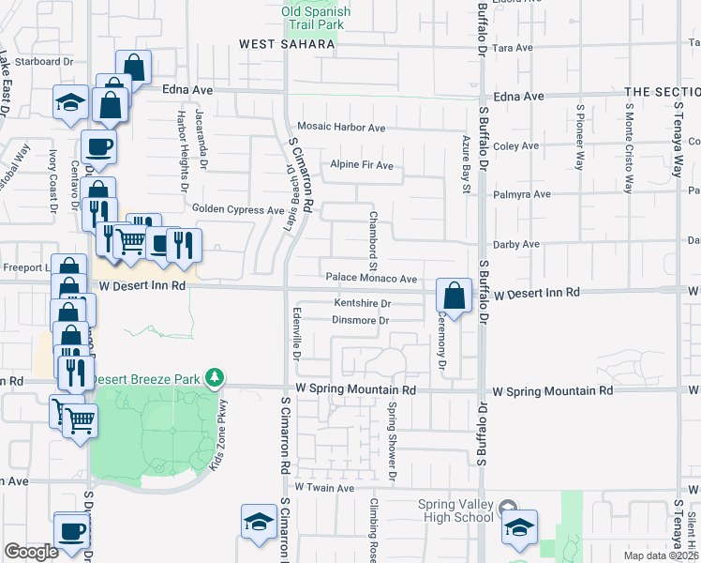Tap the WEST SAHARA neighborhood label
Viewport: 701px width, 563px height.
[287, 44]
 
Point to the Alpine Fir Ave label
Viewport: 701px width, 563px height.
[361, 165]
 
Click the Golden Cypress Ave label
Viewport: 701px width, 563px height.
[237, 209]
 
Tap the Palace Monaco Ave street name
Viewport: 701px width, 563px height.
[371, 279]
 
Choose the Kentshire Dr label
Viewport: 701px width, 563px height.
[363, 303]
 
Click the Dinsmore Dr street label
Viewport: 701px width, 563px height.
[360, 320]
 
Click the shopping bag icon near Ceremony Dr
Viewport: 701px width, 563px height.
[454, 296]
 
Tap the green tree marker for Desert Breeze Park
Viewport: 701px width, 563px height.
[216, 377]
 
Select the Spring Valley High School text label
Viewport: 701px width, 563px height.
[455, 510]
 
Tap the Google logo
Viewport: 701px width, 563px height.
[32, 551]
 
